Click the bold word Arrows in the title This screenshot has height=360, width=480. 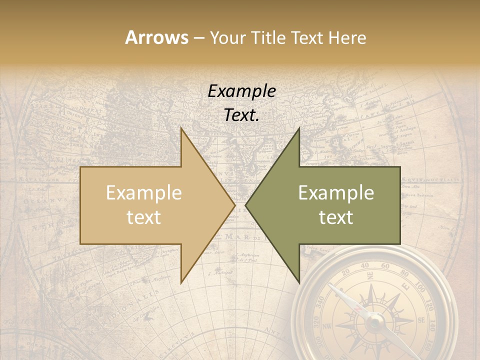coord(156,37)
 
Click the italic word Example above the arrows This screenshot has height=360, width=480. coord(241,91)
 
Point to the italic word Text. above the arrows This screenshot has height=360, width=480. coord(241,115)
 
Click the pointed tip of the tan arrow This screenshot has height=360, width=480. coord(234,205)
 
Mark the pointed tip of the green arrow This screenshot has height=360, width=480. coord(246,205)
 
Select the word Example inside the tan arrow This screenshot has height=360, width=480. coord(143,193)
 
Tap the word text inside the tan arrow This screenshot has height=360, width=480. coord(143,217)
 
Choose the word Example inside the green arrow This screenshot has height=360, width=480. coord(336,193)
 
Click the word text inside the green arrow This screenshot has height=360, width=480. coord(336,217)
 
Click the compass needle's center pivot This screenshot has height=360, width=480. coord(374,323)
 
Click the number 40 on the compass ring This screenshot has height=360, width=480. coord(364,265)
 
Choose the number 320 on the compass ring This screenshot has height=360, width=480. coord(316,322)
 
